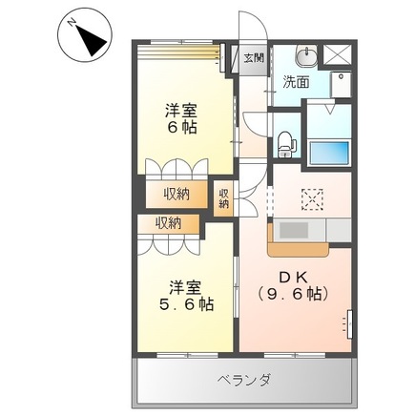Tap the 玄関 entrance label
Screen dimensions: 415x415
(x=254, y=57)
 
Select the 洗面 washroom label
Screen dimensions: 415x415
(x=297, y=82)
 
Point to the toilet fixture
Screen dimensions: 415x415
(x=287, y=141)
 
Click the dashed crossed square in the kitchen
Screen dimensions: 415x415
(x=313, y=198)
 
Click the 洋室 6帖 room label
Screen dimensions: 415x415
(x=177, y=118)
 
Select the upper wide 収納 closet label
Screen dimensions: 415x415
(x=176, y=194)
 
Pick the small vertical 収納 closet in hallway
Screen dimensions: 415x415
(x=224, y=197)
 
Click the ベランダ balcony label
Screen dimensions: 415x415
(x=243, y=380)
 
